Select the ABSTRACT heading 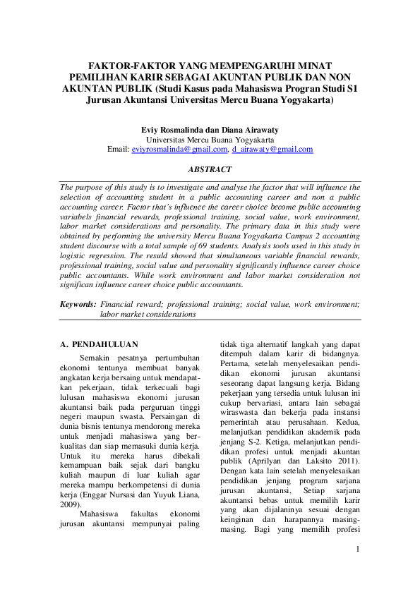(x=210, y=170)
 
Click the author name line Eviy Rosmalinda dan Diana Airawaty (x=210, y=131)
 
